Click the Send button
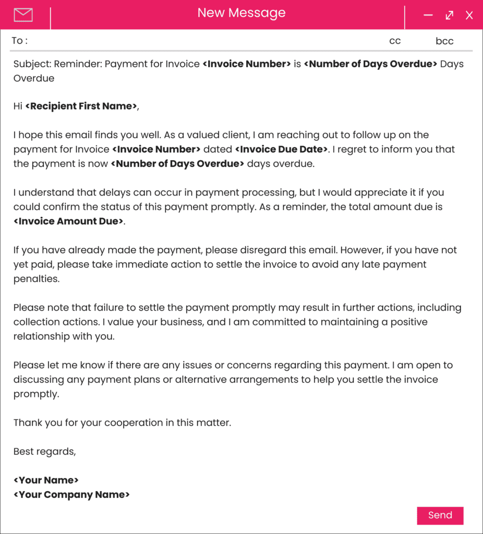click(440, 515)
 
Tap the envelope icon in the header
click(23, 15)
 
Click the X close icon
click(469, 16)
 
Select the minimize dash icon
click(428, 15)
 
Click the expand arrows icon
click(449, 16)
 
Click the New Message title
click(241, 13)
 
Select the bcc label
click(444, 41)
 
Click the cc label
click(395, 41)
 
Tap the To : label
click(20, 41)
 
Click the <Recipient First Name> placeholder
click(81, 106)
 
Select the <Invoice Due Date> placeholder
click(282, 150)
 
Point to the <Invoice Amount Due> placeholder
click(69, 221)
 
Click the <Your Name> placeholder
click(46, 480)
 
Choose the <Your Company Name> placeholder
click(71, 495)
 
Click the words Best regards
click(44, 452)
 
